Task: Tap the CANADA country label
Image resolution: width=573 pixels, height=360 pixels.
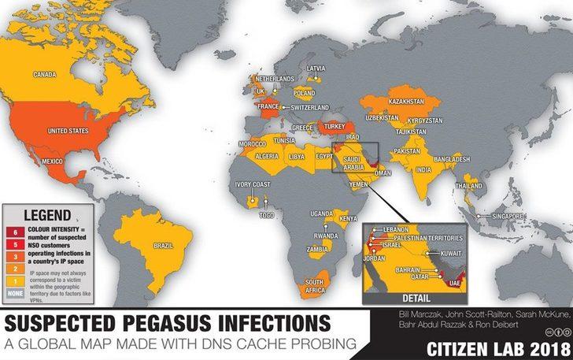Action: point(46,75)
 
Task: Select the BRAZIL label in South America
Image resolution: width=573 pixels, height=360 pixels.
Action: point(163,246)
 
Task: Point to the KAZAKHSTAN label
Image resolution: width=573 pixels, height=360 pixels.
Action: point(406,102)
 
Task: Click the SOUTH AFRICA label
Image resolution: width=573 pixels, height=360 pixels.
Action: point(316,286)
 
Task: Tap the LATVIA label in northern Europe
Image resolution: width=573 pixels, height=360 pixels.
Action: point(316,69)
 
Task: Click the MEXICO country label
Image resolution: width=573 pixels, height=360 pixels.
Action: point(51,161)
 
